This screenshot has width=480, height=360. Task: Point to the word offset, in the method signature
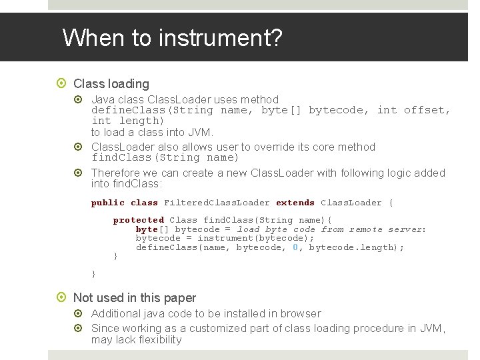coord(427,110)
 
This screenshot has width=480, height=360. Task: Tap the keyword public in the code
coord(107,203)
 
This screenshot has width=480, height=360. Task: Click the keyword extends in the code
coord(295,203)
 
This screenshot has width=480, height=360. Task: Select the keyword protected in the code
coord(138,220)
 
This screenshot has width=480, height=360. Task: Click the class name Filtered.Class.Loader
coord(217,203)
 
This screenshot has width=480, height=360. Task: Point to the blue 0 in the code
coord(295,247)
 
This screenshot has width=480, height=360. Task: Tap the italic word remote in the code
coord(366,229)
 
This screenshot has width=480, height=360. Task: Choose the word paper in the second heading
coord(179,297)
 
